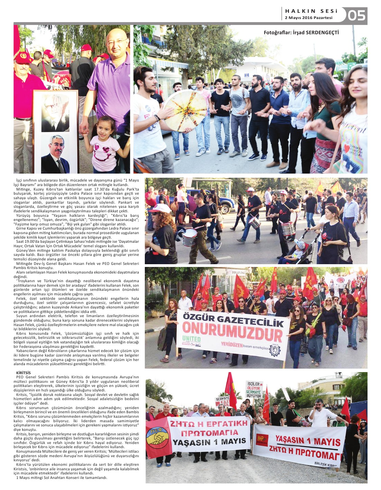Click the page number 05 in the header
coord(356,16)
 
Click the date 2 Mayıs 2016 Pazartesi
coord(308,18)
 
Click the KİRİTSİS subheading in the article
coord(23,373)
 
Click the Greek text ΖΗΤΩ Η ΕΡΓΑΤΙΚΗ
coord(208,423)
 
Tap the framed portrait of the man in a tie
coord(55,154)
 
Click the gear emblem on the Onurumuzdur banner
coord(275,350)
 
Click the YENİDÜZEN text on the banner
coord(232,344)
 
